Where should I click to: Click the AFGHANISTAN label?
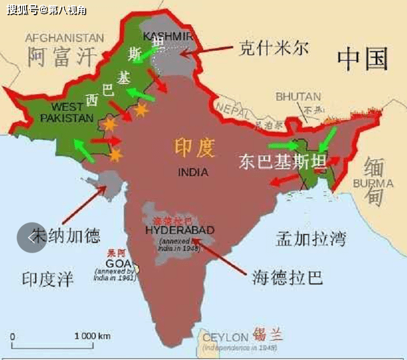pyautogui.click(x=64, y=38)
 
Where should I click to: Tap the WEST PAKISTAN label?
pyautogui.click(x=66, y=113)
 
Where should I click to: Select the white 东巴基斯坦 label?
pyautogui.click(x=275, y=162)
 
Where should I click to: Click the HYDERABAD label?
pyautogui.click(x=180, y=230)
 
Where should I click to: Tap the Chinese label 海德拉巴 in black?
pyautogui.click(x=287, y=277)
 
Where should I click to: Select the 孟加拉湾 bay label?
pyautogui.click(x=311, y=239)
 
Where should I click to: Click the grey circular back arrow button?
pyautogui.click(x=31, y=238)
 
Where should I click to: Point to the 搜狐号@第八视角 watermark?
pyautogui.click(x=47, y=10)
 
